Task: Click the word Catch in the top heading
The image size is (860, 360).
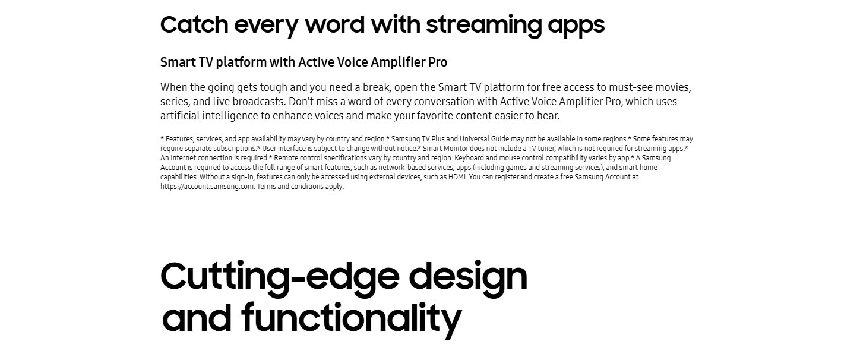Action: tap(194, 24)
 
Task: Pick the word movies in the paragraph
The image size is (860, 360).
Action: tap(673, 87)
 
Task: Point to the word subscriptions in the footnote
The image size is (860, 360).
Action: tap(235, 149)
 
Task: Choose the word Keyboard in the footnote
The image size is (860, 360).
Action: tap(469, 158)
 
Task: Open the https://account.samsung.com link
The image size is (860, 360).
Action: tap(207, 187)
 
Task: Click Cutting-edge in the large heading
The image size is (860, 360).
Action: tap(280, 277)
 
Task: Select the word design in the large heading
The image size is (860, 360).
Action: tap(468, 277)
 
